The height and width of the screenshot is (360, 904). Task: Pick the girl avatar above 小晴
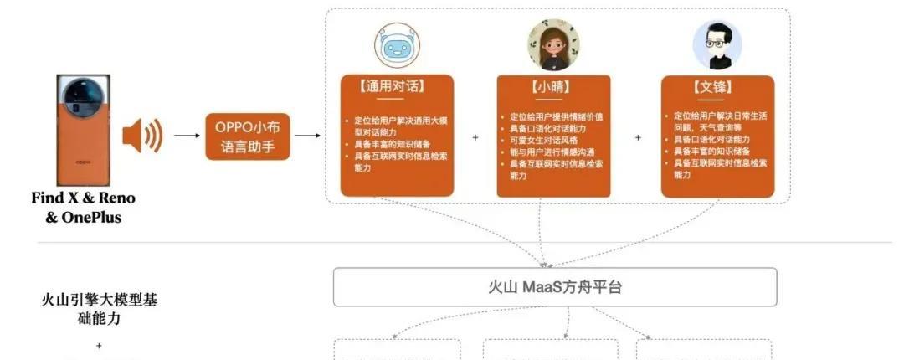click(553, 45)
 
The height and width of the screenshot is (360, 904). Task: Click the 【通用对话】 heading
click(397, 85)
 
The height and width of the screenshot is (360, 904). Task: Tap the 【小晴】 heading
click(553, 85)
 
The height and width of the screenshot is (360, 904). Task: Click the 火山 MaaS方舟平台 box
click(555, 287)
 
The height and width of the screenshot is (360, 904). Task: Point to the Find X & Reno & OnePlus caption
click(83, 208)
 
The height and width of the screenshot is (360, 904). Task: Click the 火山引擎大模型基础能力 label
click(99, 309)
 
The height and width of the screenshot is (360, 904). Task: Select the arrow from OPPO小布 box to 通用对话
click(307, 135)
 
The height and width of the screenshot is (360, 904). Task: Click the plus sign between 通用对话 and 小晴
click(475, 136)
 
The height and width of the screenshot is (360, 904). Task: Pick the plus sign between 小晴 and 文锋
click(638, 136)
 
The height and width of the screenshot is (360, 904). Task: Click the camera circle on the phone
click(84, 92)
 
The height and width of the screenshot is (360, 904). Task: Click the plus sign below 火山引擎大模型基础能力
click(99, 345)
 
